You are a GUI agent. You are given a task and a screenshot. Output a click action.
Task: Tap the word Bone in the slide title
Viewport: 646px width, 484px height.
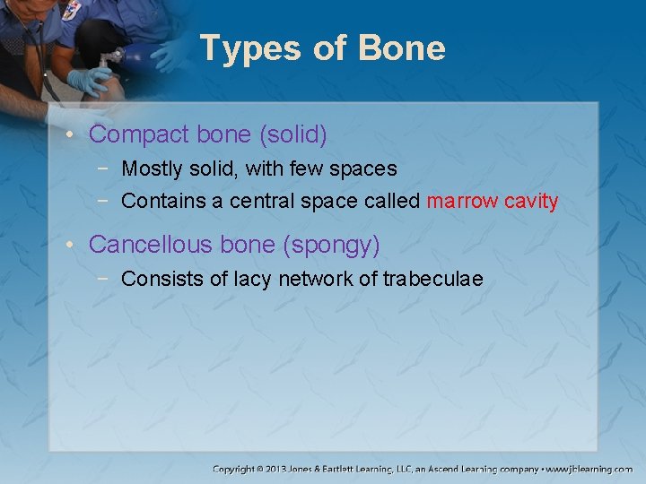coord(402,48)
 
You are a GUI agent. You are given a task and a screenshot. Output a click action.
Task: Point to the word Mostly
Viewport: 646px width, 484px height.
coord(151,169)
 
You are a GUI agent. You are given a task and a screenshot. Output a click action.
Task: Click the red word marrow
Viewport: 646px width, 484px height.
coord(462,201)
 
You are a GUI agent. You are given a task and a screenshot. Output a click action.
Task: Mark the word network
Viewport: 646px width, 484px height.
coord(316,279)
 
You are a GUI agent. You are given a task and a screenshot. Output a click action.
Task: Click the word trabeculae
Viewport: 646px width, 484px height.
coord(432,279)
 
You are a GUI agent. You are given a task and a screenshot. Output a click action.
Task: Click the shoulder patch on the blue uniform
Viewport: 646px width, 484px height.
coord(70,9)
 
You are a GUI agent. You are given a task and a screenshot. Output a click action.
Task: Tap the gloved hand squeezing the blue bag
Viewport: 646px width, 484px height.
coord(91,81)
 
